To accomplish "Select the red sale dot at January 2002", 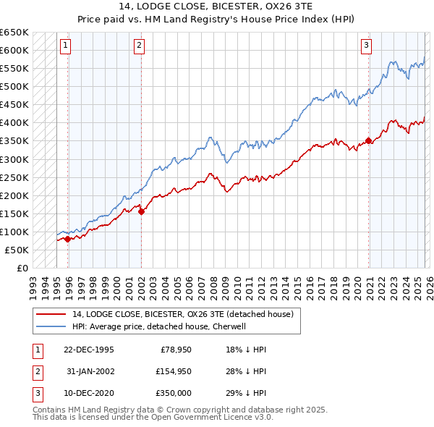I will pyautogui.click(x=141, y=211).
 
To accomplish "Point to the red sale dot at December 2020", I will pyautogui.click(x=369, y=140).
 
